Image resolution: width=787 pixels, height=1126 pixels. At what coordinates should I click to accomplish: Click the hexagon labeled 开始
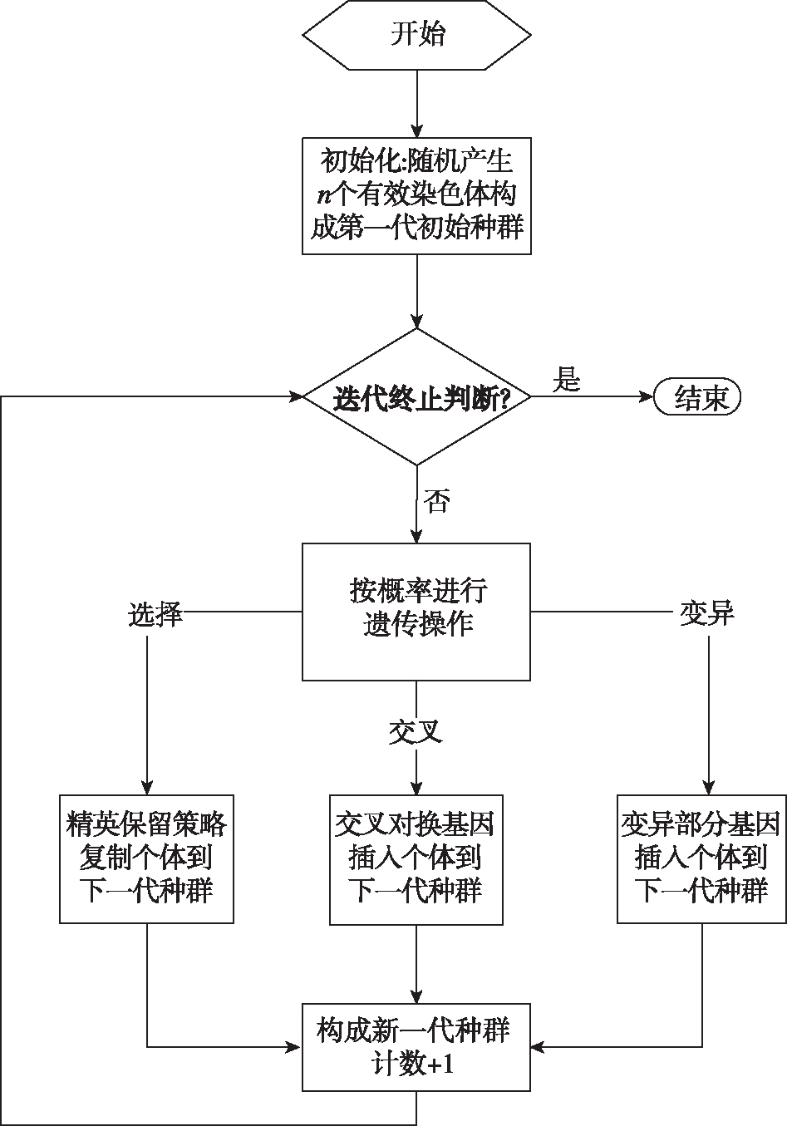coord(416,35)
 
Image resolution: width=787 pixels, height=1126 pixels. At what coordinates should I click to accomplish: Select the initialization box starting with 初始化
coord(416,195)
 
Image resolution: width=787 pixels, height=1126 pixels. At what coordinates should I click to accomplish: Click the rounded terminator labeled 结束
coord(697,397)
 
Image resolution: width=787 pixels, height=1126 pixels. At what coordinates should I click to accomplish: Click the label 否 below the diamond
coord(436,500)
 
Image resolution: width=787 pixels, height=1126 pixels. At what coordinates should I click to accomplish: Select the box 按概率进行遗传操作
coord(416,612)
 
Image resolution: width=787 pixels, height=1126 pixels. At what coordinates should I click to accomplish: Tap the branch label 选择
coord(155,614)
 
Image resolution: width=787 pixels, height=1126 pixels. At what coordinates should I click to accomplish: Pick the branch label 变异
coord(707,613)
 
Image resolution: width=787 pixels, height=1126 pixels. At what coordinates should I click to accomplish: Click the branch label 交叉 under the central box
coord(416,731)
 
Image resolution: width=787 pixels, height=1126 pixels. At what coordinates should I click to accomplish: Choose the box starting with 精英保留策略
coord(147,858)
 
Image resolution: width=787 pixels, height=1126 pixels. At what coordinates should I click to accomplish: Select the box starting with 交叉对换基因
coord(416,859)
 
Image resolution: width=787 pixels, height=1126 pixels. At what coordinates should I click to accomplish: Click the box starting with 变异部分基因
coord(701,858)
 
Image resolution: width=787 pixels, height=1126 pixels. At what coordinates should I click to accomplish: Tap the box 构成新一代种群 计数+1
coord(416,1045)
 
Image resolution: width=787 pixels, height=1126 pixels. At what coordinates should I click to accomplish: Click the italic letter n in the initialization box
coord(325,195)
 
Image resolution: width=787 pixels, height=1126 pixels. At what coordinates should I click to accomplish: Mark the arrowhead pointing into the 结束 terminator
coord(647,396)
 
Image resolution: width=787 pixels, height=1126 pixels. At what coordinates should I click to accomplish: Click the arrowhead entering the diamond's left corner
coord(297,396)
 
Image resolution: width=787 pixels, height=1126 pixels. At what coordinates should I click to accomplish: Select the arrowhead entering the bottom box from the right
coord(539,1047)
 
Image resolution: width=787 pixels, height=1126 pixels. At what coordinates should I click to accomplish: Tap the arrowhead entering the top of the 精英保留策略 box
coord(147,788)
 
